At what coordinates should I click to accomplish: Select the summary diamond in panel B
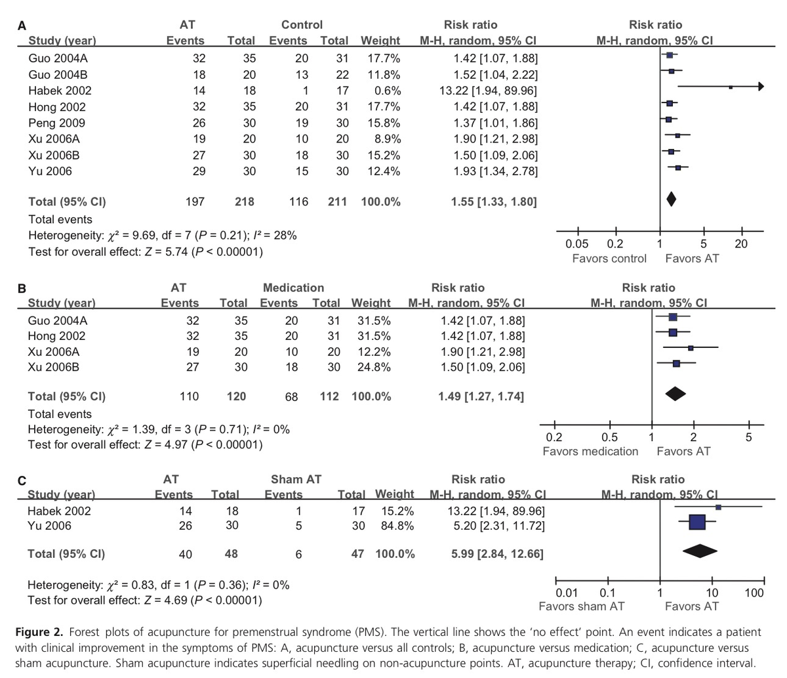coord(676,394)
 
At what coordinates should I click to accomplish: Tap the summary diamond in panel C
coord(700,552)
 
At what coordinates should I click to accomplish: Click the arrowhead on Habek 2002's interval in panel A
coord(760,87)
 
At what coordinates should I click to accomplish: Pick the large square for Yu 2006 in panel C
coord(697,522)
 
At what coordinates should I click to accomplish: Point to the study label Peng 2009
coord(56,123)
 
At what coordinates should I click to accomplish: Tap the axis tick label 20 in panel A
coord(742,244)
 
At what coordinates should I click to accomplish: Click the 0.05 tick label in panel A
coord(577,244)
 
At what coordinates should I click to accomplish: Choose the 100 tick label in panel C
coord(755,593)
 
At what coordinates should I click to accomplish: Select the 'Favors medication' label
coord(590,451)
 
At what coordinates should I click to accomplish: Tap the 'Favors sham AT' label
coord(582,606)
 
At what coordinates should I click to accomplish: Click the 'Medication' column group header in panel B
coord(293,287)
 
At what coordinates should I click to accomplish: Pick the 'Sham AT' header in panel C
coord(296,479)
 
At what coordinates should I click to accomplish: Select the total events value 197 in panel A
coord(195,201)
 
